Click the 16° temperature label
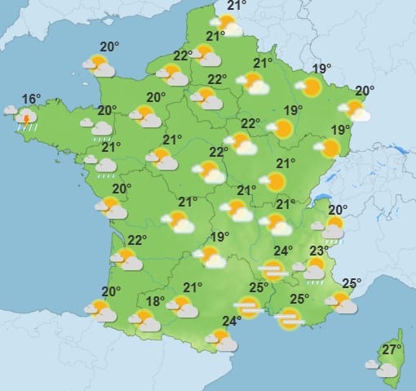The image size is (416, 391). tap(30, 100)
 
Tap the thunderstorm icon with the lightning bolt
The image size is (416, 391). tap(27, 119)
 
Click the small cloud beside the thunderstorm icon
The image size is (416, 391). tap(10, 109)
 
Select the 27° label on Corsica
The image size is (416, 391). tap(392, 350)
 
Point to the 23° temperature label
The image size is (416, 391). tap(320, 250)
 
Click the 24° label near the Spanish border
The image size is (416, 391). tap(232, 320)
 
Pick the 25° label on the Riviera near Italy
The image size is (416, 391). tap(352, 283)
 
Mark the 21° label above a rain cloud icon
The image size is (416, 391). tap(111, 147)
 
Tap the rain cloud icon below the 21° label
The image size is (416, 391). tap(104, 166)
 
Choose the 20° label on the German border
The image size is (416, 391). tap(365, 91)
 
